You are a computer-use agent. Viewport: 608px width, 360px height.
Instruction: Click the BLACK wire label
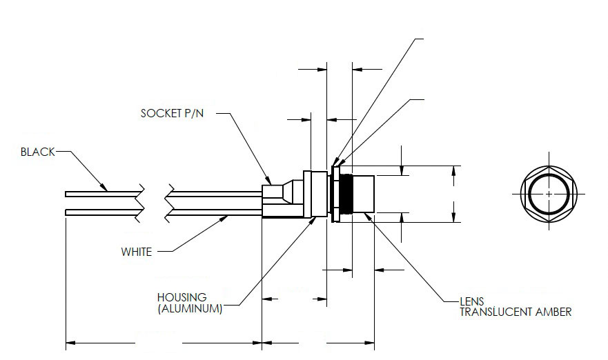pos(38,152)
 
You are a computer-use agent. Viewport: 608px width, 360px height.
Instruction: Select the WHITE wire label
pos(137,252)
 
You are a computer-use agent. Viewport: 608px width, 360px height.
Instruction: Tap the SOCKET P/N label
pos(172,114)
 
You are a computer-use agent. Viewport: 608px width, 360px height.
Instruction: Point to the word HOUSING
pos(182,297)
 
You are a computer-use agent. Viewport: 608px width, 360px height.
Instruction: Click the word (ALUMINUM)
pos(190,309)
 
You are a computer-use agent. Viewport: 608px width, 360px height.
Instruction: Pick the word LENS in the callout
pos(472,301)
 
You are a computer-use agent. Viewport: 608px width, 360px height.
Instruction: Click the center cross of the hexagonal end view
pos(549,194)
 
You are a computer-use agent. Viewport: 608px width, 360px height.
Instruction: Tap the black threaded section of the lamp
pos(346,194)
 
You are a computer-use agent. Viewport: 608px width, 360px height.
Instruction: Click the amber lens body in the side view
pos(363,194)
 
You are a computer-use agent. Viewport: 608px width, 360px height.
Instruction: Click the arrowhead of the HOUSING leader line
pos(315,221)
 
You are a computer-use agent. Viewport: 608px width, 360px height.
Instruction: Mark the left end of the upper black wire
pos(66,194)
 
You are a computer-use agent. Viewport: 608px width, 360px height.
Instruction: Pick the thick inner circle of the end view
pos(549,194)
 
